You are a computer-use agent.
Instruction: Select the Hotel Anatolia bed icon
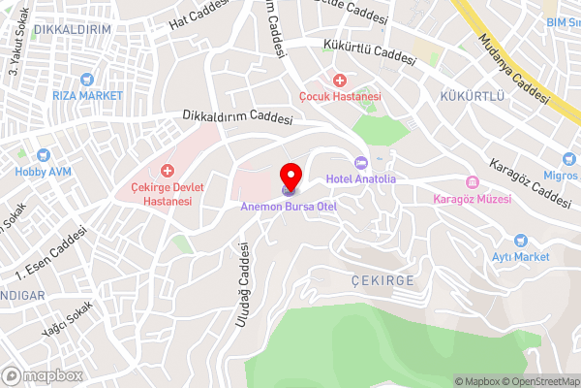pos(361,162)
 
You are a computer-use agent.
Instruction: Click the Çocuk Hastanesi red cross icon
pos(339,80)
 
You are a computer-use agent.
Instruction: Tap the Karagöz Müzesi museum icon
pos(473,183)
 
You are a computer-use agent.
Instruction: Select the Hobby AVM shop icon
pos(43,154)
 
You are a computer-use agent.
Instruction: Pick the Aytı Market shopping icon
pos(520,240)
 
